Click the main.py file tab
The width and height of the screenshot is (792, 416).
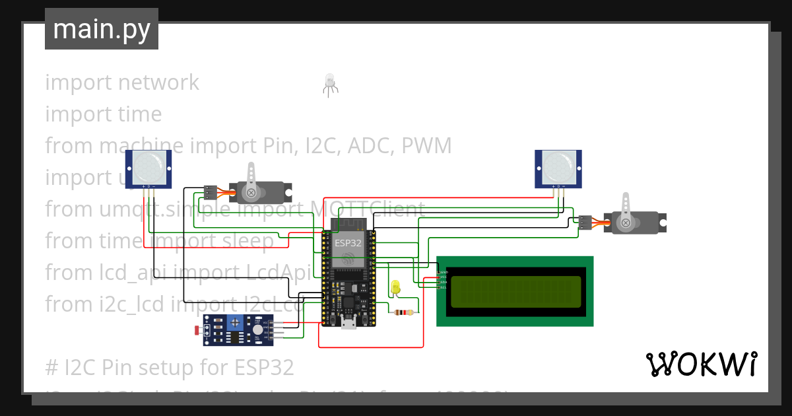click(x=101, y=29)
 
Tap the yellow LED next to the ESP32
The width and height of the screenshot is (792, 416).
click(x=395, y=287)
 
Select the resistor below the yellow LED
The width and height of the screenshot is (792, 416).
click(x=403, y=312)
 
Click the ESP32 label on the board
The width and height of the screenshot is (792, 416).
click(x=347, y=242)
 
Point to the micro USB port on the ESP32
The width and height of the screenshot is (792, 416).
click(x=348, y=323)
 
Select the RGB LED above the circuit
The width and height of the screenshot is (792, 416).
click(x=329, y=83)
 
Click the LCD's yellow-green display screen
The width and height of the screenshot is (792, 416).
click(x=515, y=291)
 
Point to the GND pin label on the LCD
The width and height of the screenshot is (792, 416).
click(x=444, y=272)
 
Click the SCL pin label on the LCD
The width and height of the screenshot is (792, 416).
click(x=444, y=287)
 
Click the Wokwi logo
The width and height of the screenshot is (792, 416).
click(x=701, y=364)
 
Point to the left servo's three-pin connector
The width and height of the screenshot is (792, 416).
click(x=210, y=192)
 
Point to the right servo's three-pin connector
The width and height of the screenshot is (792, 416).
click(x=585, y=223)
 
